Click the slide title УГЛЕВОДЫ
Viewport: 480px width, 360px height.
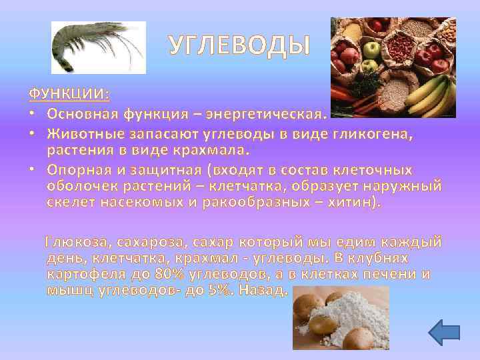click(x=239, y=45)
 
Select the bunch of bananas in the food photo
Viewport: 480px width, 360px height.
click(x=433, y=93)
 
